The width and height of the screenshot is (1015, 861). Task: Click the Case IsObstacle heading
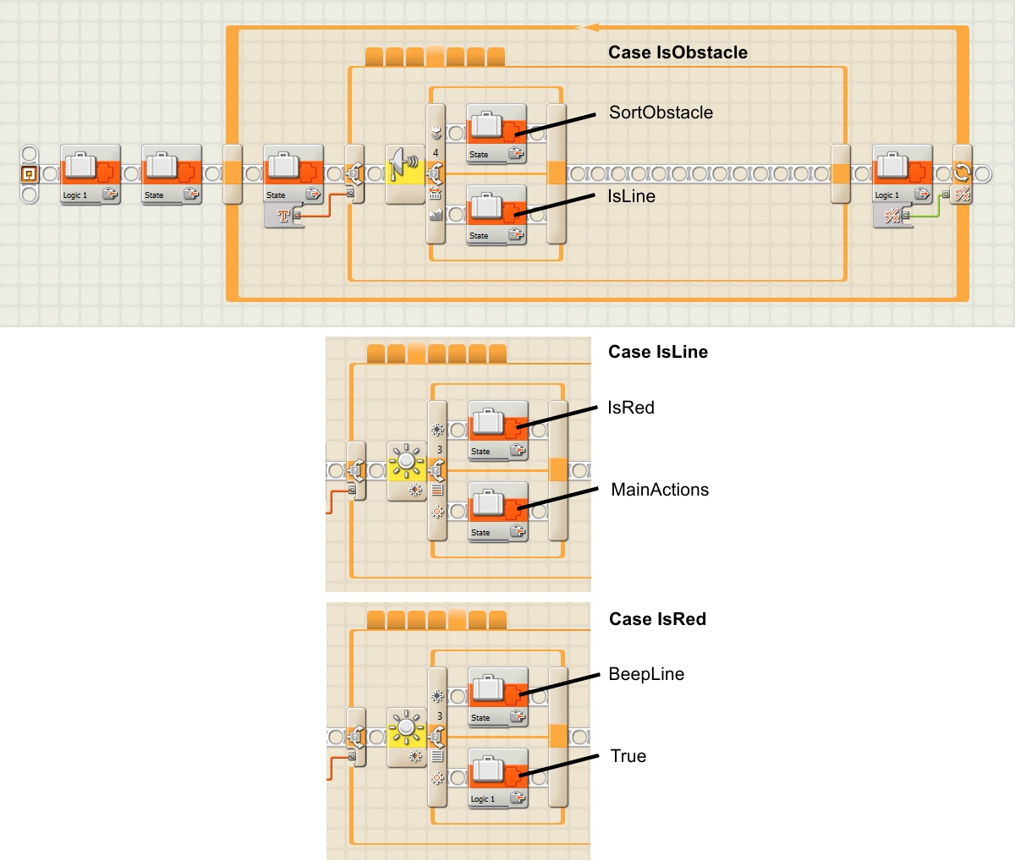(678, 52)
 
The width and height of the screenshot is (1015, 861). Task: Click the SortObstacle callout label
(661, 112)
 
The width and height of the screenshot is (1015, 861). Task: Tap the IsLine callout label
(631, 196)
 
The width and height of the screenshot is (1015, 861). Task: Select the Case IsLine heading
(657, 352)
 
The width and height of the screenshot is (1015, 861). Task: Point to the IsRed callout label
(631, 408)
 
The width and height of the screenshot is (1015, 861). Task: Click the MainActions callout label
(660, 490)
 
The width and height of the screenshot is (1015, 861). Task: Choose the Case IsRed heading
(657, 619)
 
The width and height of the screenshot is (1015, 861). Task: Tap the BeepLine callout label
(646, 674)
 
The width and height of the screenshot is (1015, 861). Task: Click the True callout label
(628, 756)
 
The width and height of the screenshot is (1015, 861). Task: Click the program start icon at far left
(29, 174)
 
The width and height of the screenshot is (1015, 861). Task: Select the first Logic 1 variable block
(91, 174)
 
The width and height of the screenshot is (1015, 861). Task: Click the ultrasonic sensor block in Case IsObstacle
(405, 173)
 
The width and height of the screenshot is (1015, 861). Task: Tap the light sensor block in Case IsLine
(407, 470)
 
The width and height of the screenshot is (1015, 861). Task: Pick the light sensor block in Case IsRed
(407, 737)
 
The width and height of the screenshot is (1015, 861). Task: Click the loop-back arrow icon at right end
(962, 173)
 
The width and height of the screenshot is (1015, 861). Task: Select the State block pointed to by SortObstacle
(497, 134)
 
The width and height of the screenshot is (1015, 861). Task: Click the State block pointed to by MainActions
(498, 511)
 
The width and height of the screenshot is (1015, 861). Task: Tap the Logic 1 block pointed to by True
(498, 777)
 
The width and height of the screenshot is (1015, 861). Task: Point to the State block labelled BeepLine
(498, 696)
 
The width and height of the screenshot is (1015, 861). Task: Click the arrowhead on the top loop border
(586, 28)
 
